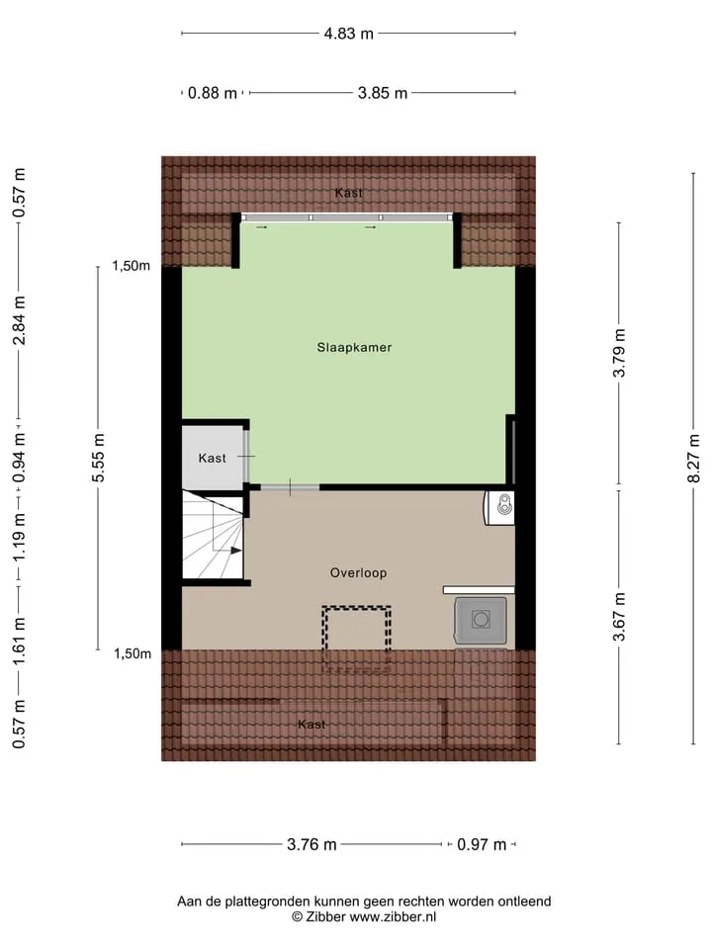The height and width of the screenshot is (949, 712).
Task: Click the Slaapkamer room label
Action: (x=354, y=347)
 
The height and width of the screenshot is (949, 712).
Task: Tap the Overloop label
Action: (x=358, y=572)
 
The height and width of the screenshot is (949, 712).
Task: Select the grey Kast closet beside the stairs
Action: (x=212, y=458)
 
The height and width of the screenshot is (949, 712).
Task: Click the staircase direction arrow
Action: (x=235, y=551)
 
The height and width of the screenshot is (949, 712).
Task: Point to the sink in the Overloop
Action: (x=500, y=507)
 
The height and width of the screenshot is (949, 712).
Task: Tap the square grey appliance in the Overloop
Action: (x=481, y=620)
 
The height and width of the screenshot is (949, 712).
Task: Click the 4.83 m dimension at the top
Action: (x=349, y=34)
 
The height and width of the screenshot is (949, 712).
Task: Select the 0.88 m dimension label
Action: (x=212, y=93)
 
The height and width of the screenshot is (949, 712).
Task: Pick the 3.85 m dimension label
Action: (x=383, y=93)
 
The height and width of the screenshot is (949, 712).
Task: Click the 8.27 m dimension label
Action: (x=694, y=458)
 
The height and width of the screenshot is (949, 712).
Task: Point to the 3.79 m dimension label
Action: (x=619, y=353)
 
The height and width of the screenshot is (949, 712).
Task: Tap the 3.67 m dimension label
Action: (x=619, y=617)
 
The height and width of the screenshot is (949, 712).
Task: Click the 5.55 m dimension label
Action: (x=98, y=458)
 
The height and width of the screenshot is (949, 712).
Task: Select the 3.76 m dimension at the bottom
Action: (x=311, y=844)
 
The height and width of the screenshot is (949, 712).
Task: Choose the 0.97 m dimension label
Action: (x=482, y=844)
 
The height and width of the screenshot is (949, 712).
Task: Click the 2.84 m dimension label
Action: (x=20, y=320)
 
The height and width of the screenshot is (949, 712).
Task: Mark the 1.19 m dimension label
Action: (x=20, y=537)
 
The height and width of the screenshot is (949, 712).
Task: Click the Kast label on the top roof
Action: (x=349, y=193)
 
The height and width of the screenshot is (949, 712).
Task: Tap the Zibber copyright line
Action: (x=364, y=917)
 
